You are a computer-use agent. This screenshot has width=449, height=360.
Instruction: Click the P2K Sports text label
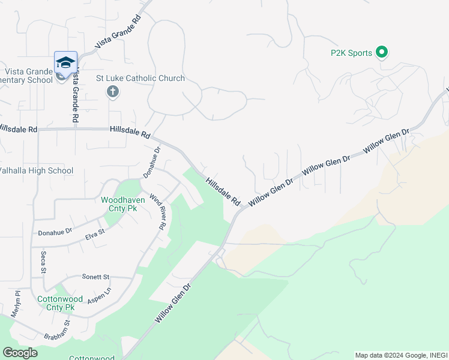351,53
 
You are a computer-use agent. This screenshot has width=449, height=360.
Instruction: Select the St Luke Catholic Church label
140,79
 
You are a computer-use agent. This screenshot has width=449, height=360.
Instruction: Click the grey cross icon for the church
112,92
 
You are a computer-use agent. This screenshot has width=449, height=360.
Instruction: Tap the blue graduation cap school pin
66,63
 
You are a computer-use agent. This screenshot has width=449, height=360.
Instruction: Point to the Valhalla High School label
35,171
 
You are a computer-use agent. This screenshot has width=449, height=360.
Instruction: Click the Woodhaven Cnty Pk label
119,204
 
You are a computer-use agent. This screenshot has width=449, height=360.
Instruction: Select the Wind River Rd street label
157,212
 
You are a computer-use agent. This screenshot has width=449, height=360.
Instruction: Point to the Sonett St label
95,277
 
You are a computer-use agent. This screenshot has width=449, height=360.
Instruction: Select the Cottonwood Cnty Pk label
56,303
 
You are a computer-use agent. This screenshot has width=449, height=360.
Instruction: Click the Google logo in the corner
20,353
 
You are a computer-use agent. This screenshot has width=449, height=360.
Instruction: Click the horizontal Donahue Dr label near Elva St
55,231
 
